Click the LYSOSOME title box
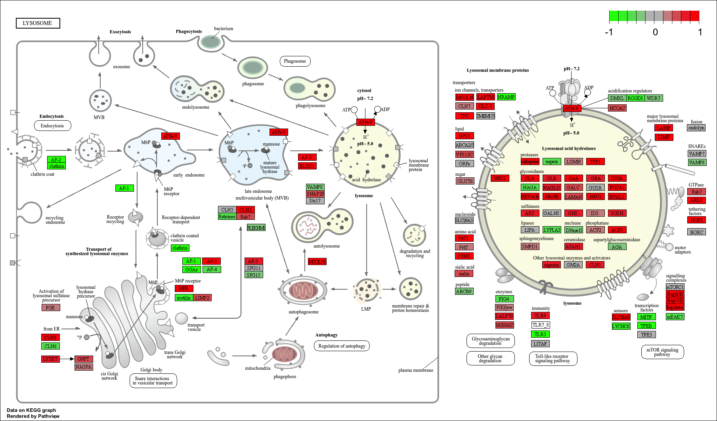click(38, 23)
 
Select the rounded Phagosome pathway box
click(295, 61)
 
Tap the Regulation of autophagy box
click(342, 346)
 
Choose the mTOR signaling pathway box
click(662, 352)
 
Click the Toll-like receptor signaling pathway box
click(553, 359)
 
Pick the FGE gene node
click(50, 308)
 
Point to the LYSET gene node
click(50, 359)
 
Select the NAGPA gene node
click(83, 367)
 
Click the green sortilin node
click(184, 298)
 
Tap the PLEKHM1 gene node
click(256, 228)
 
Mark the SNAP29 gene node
click(315, 194)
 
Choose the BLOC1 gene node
click(307, 166)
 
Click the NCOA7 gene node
click(617, 108)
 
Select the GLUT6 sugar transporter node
click(465, 181)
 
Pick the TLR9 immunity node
click(540, 316)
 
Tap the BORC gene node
click(696, 232)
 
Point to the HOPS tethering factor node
click(696, 220)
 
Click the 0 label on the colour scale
click(655, 32)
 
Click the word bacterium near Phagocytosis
click(224, 29)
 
